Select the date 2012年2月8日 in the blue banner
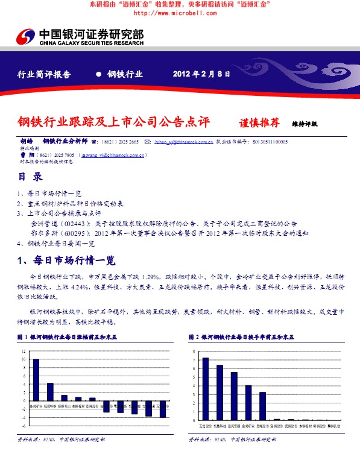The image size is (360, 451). click(x=201, y=74)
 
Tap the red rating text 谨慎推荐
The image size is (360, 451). click(x=260, y=122)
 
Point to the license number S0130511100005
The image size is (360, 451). click(x=270, y=142)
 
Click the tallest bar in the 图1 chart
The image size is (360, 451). click(x=36, y=379)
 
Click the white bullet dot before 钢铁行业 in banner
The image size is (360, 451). click(x=98, y=74)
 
